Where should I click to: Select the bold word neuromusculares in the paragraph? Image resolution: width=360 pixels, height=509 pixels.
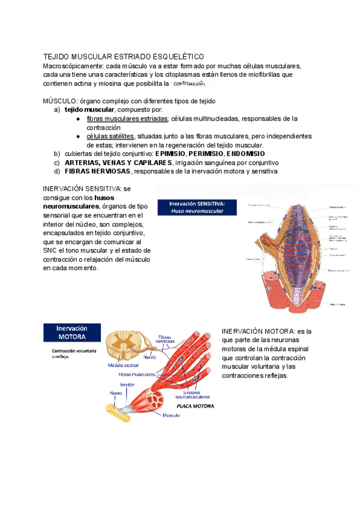70,206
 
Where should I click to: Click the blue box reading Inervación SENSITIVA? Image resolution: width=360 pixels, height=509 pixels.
197,207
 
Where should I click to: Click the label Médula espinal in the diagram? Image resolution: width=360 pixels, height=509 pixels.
124,364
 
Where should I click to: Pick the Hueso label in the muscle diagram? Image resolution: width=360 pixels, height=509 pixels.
116,393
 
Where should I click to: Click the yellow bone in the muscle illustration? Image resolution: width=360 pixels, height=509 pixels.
120,411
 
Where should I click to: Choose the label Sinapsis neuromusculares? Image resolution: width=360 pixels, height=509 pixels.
192,394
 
